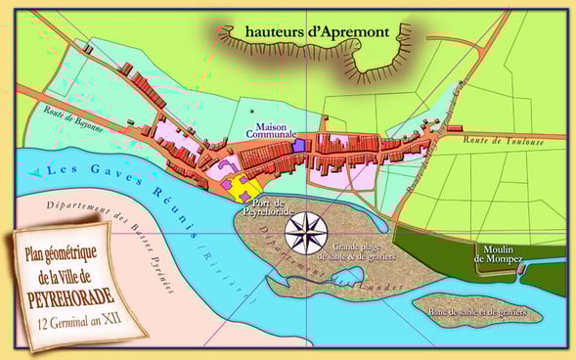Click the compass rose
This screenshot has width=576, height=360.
pos(305,234)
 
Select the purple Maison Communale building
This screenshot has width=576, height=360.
pos(299,145)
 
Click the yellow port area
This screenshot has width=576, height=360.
pos(248,188)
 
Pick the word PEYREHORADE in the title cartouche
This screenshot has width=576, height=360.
pos(72,293)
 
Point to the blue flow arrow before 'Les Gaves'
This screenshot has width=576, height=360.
pos(36,172)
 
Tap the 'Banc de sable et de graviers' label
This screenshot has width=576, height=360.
pos(476,311)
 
